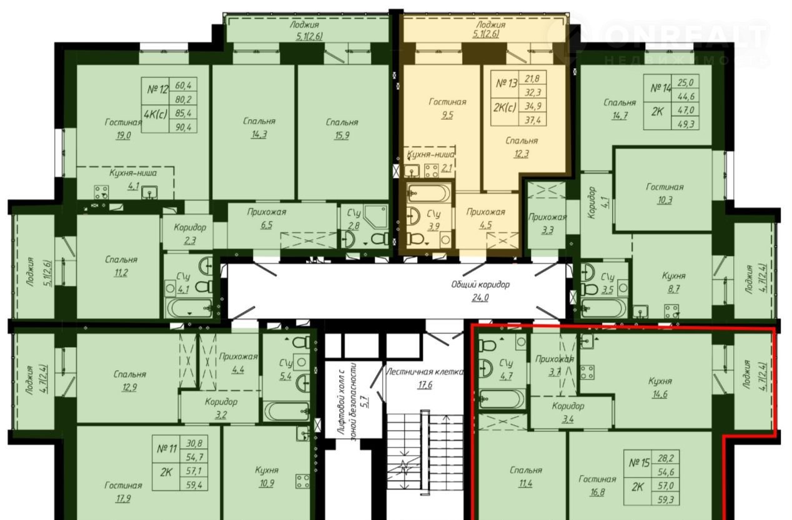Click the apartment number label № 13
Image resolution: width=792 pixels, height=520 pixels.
tap(507, 84)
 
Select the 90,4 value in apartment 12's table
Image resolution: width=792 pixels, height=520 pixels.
tap(183, 127)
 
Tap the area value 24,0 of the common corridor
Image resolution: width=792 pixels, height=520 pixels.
tap(480, 298)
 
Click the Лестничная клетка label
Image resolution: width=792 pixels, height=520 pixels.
tap(425, 371)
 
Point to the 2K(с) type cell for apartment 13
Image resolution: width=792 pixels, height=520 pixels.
tap(505, 107)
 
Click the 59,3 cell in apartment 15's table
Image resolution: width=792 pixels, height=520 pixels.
tap(665, 500)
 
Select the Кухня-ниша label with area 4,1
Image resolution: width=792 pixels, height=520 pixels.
tap(133, 173)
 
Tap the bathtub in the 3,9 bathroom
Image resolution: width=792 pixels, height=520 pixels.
tap(429, 192)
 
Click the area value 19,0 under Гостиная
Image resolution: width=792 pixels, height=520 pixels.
tap(123, 135)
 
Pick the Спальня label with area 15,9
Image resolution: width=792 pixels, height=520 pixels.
tap(342, 122)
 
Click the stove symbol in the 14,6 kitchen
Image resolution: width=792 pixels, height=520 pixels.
tap(587, 372)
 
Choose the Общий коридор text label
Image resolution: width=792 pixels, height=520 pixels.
tap(480, 285)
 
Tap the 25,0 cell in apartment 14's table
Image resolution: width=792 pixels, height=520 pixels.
tap(686, 82)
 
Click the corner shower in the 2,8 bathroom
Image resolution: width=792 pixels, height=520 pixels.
tap(374, 216)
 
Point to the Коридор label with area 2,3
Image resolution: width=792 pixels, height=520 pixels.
tap(190, 227)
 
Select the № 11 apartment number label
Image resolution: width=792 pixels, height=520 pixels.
tap(167, 449)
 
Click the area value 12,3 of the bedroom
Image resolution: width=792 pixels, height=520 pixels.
tap(522, 154)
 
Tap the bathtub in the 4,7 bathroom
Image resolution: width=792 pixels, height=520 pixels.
tap(502, 399)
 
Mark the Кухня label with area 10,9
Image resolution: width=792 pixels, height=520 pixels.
tap(267, 470)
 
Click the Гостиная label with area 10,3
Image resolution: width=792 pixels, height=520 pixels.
tap(665, 187)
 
